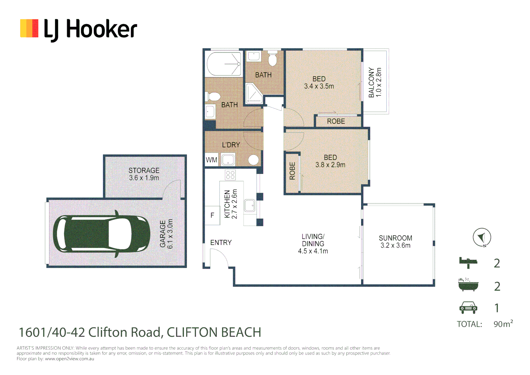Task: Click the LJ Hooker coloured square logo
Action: click(x=29, y=28)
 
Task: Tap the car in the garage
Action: click(x=102, y=234)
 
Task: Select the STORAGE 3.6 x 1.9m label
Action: click(x=144, y=174)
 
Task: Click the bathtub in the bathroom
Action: click(x=224, y=64)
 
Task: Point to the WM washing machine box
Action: click(x=211, y=160)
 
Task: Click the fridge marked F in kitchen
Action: click(x=213, y=215)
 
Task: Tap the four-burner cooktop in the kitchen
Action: click(x=230, y=175)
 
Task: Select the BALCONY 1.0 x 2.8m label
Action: click(x=375, y=82)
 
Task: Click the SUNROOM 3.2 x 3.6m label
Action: click(x=395, y=242)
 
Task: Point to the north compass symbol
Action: click(x=482, y=237)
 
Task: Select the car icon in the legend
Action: click(x=468, y=308)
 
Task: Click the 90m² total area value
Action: click(x=503, y=324)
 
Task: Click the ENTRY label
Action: click(x=221, y=242)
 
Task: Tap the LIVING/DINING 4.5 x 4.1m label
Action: click(x=313, y=244)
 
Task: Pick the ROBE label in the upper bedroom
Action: click(x=336, y=121)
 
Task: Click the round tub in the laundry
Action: click(x=254, y=160)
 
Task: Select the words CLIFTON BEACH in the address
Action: click(x=214, y=332)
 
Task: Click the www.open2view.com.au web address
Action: click(x=70, y=359)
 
